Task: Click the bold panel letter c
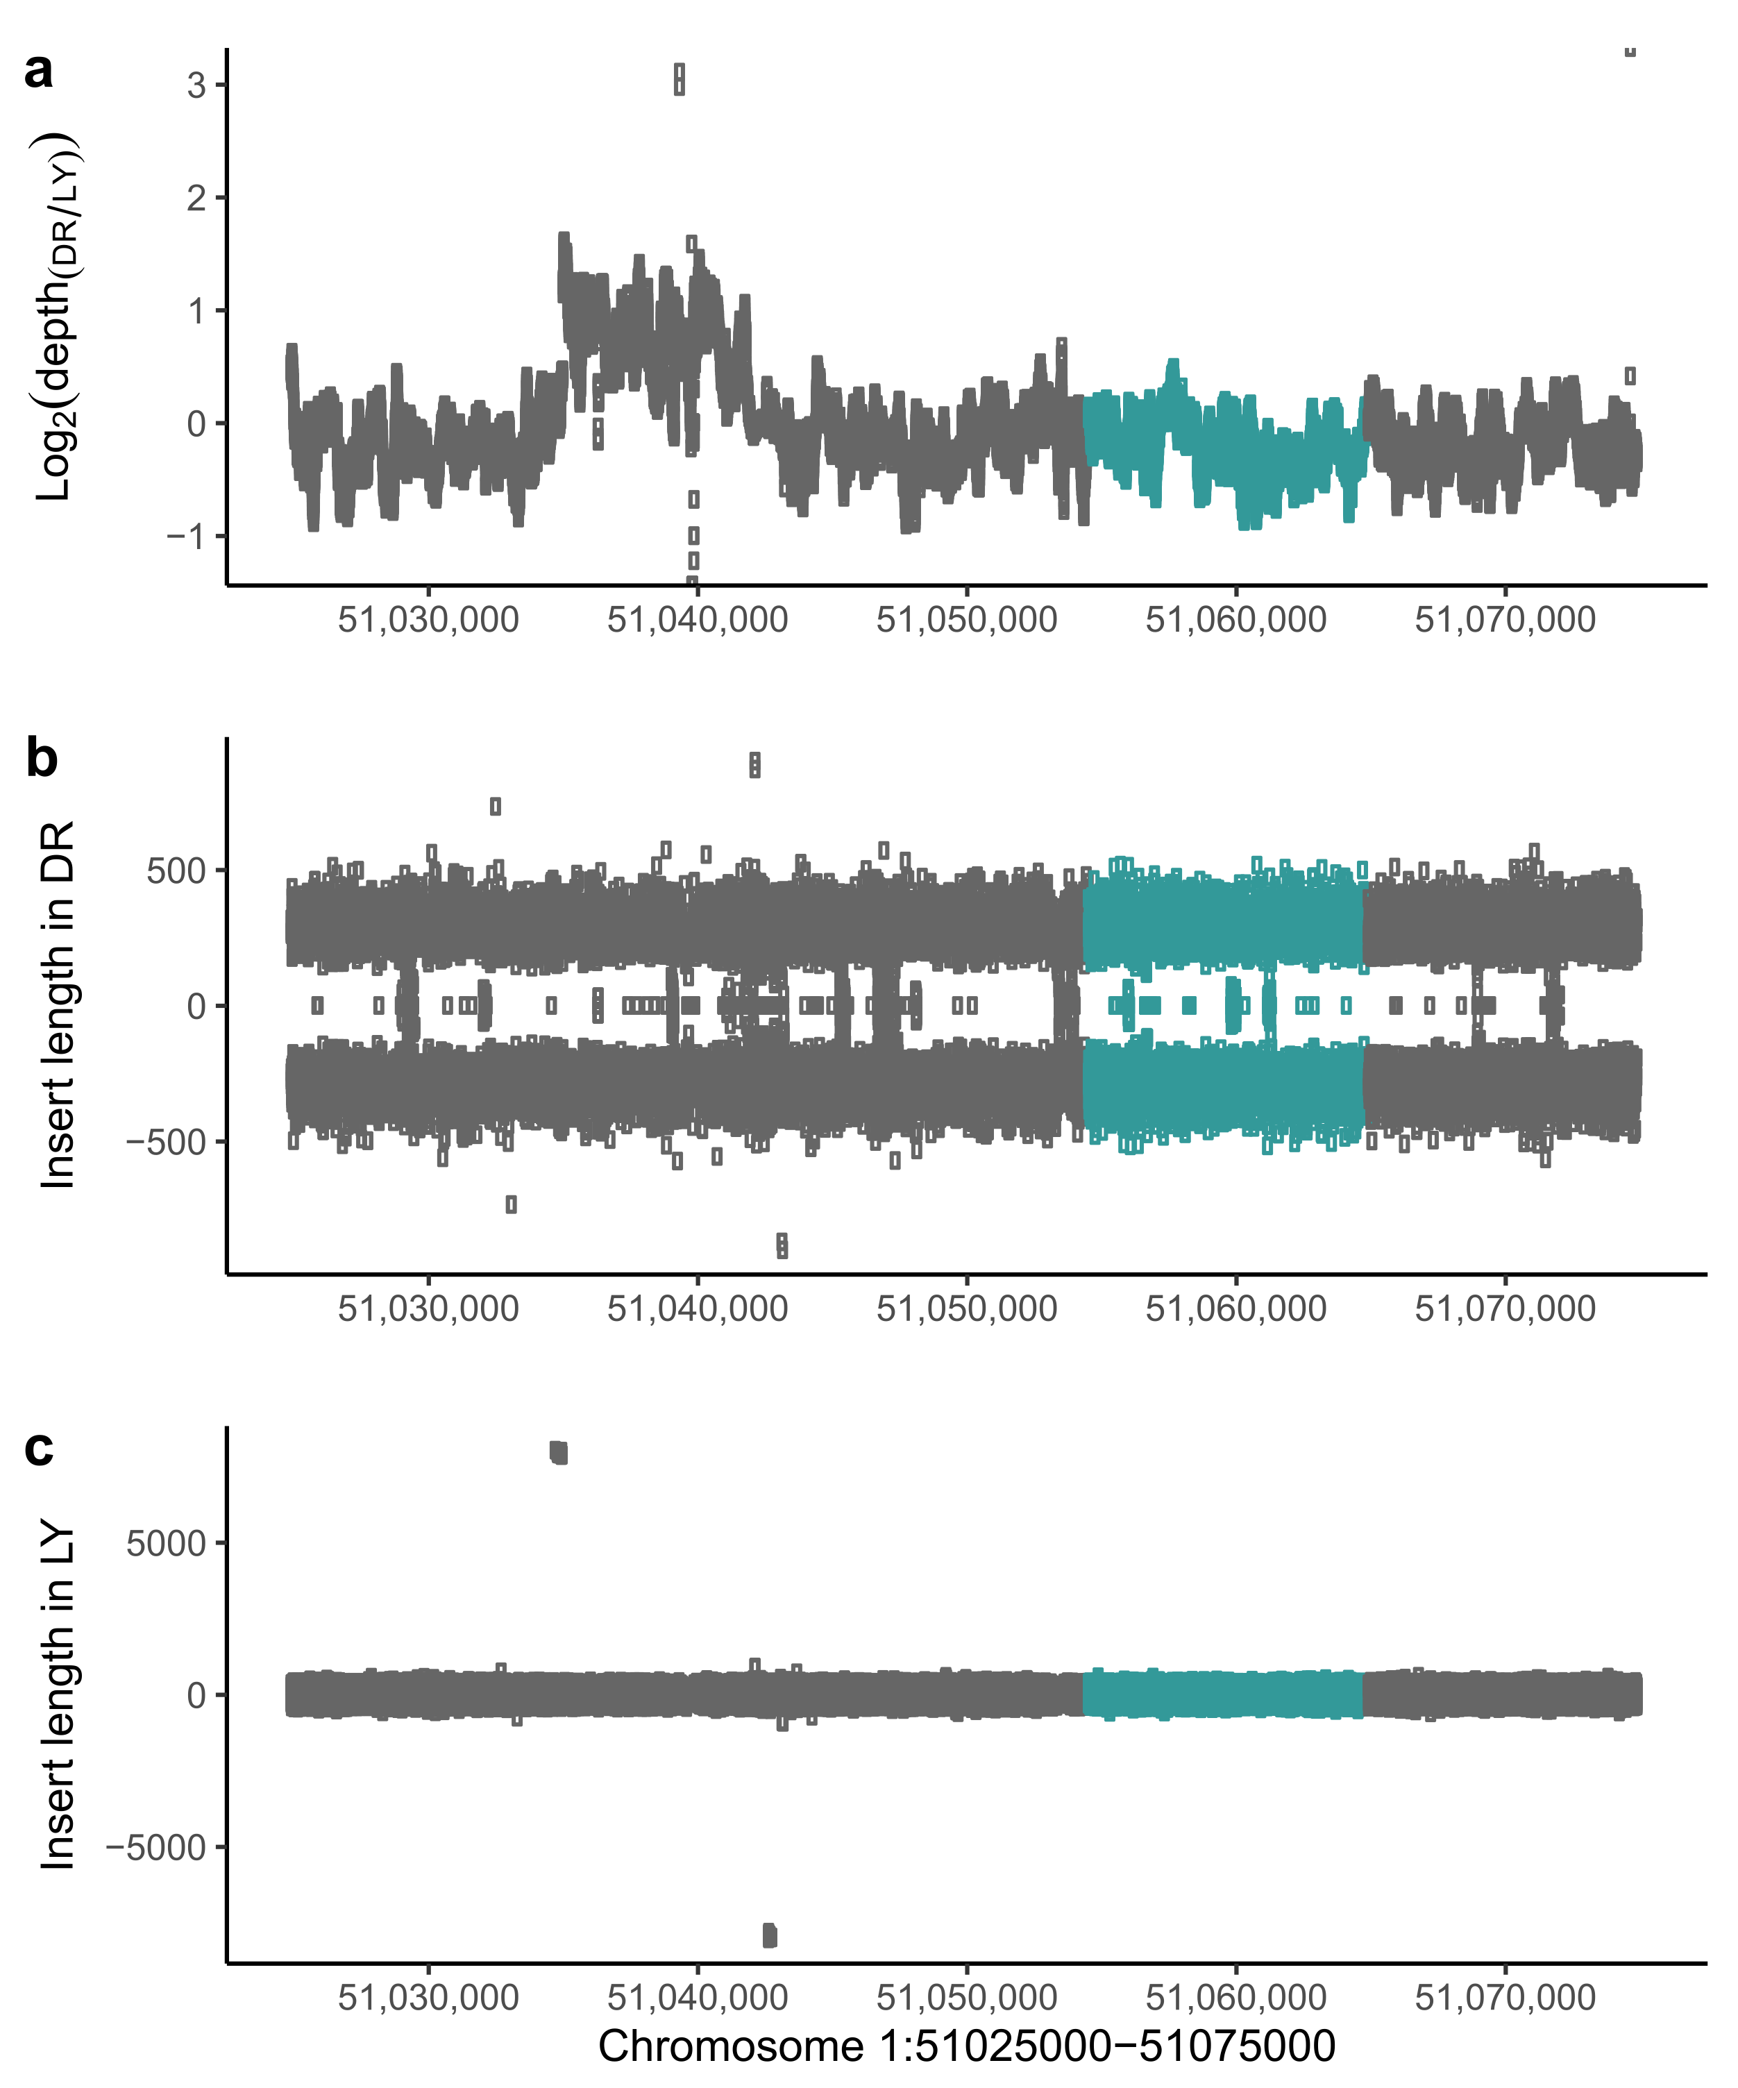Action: tap(39, 1448)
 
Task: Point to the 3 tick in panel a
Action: tap(196, 85)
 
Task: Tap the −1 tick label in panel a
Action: tap(186, 537)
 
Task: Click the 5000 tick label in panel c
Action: tap(165, 1543)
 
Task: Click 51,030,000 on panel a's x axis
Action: tap(428, 619)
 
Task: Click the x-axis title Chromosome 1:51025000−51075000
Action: tap(965, 2047)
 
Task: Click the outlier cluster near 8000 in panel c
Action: tap(559, 1453)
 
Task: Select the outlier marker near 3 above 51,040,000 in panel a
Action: tap(679, 78)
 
